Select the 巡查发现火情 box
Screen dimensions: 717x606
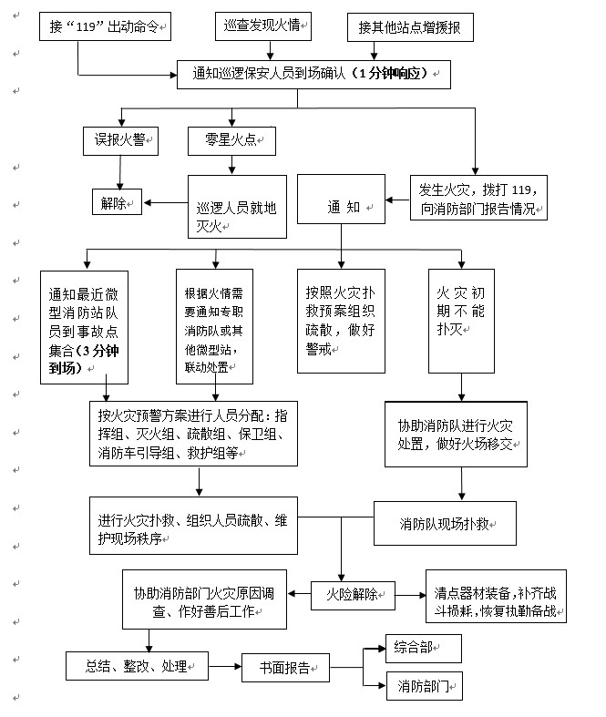coord(264,26)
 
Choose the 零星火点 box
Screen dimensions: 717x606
coord(232,140)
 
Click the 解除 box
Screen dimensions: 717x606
coord(115,202)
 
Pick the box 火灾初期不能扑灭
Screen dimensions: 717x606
coord(461,320)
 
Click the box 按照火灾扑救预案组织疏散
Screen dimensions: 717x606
coord(342,320)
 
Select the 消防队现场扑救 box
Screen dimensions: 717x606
coord(446,524)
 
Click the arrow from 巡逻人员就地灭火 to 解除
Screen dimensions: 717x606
coord(164,202)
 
